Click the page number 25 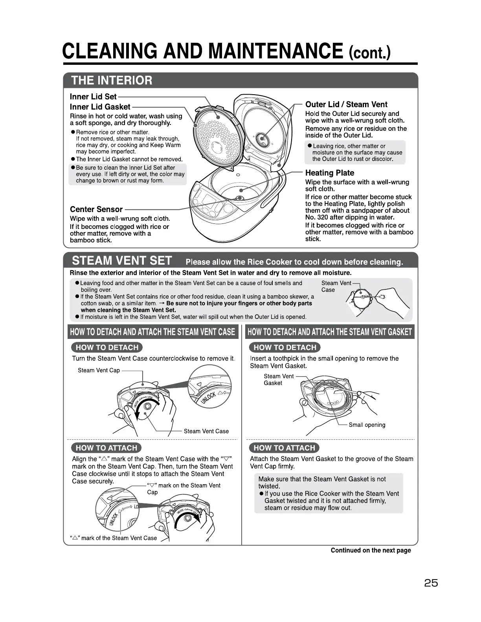431,583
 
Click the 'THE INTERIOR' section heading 112,80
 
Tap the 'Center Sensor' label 96,209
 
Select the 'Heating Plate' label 329,173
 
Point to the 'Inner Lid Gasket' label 100,107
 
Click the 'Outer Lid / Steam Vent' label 346,104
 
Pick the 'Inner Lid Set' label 93,97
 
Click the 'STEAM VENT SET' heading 122,261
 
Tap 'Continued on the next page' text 371,550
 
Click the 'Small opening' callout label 367,425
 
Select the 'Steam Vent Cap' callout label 99,370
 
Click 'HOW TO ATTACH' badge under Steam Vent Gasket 284,448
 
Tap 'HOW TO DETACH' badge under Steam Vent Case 107,347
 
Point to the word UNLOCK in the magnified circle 208,397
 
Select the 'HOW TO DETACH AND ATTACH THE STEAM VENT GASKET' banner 330,332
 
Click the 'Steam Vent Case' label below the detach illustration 206,431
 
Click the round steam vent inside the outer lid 262,138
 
